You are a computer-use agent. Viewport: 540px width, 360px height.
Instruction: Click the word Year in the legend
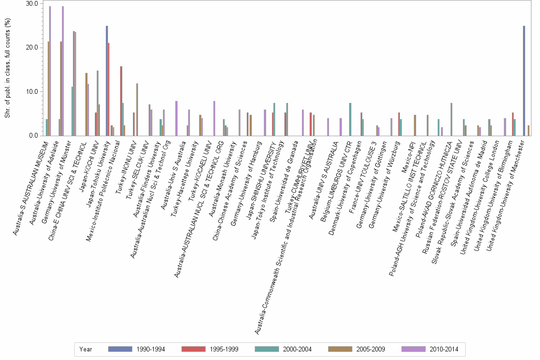86,349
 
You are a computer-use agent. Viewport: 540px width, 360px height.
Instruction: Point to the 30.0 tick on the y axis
32,4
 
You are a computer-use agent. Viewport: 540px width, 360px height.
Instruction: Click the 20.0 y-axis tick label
32,48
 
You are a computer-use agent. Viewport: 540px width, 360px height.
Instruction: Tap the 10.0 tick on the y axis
32,91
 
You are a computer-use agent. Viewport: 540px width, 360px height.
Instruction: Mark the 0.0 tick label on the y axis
33,136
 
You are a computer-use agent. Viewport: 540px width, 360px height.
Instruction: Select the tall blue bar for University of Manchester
524,81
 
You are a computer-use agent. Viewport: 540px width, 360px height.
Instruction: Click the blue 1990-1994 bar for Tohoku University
107,81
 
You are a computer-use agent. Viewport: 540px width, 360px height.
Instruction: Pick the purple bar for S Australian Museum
50,71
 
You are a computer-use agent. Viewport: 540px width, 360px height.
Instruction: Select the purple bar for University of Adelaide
63,71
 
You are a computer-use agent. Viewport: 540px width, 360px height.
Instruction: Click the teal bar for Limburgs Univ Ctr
350,120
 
